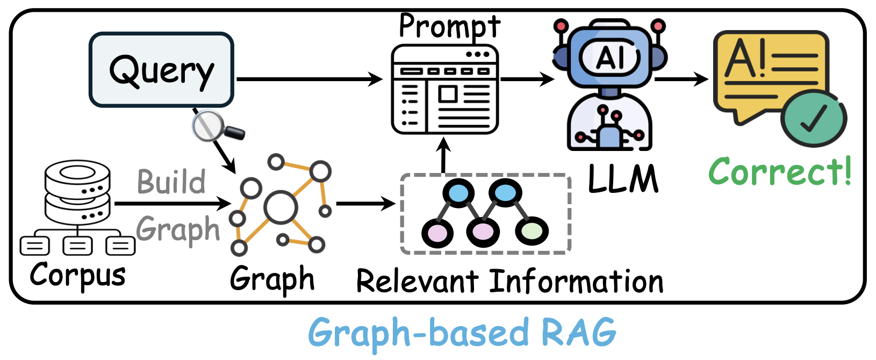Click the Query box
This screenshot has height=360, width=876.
tap(161, 70)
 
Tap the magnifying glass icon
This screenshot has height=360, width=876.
tap(212, 127)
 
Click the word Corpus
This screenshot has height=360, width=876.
tap(78, 275)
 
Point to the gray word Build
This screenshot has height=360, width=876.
tap(171, 182)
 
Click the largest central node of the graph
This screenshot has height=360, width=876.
tap(280, 207)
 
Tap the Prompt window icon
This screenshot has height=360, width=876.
tap(445, 89)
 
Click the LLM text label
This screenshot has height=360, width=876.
tap(623, 179)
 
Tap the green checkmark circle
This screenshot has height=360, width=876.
tap(813, 119)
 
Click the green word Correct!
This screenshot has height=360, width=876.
tap(780, 171)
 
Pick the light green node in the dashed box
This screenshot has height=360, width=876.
tap(532, 231)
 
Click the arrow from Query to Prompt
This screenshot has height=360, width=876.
tap(309, 80)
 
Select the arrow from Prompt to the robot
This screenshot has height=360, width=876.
tap(527, 80)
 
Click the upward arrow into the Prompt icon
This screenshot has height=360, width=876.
tap(443, 155)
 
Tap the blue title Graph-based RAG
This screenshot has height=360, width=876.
tap(462, 333)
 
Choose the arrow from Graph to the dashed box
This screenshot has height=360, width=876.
tap(365, 204)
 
